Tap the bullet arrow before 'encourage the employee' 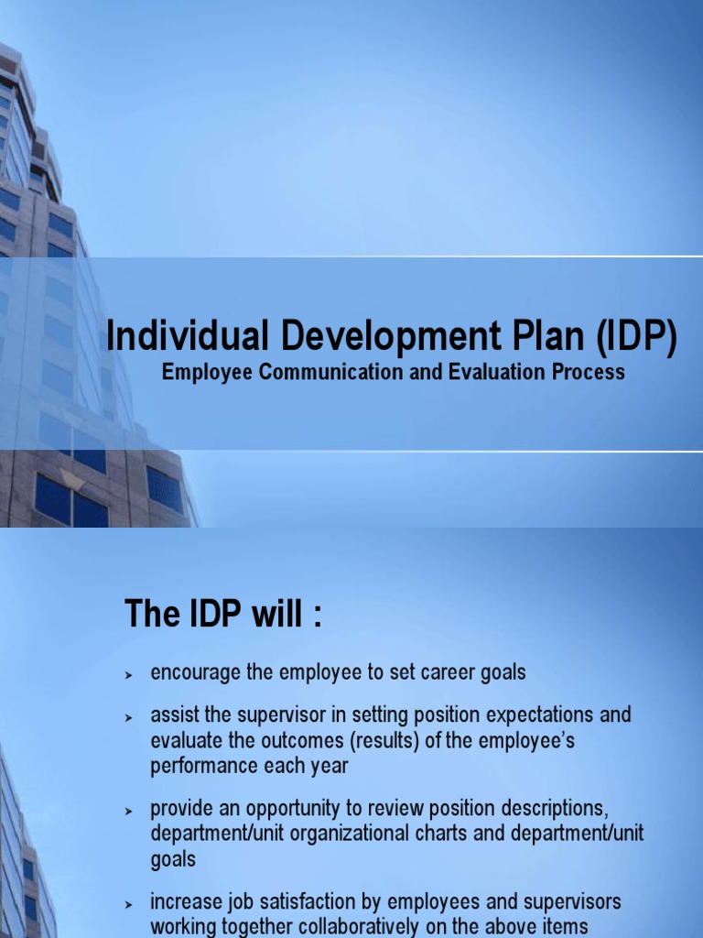click(129, 674)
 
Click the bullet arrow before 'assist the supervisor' click(129, 715)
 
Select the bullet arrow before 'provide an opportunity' click(129, 811)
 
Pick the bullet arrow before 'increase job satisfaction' click(129, 904)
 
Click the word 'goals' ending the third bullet click(173, 860)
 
